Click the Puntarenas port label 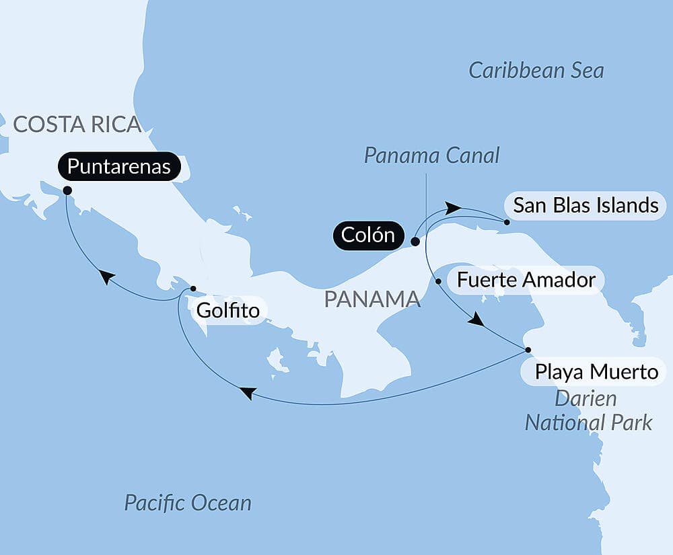(119, 167)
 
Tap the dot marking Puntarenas (67, 190)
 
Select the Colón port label (367, 235)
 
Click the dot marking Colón (415, 241)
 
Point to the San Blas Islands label (586, 205)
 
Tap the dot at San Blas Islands (506, 221)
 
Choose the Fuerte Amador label (526, 280)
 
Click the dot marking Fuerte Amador (438, 281)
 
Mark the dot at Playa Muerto (528, 350)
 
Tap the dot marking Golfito (193, 289)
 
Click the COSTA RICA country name (77, 124)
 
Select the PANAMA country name (372, 299)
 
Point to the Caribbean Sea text (536, 71)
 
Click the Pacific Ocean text (188, 503)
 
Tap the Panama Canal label (431, 156)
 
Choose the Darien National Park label (588, 410)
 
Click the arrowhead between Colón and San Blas (454, 209)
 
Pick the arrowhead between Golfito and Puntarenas (106, 276)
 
